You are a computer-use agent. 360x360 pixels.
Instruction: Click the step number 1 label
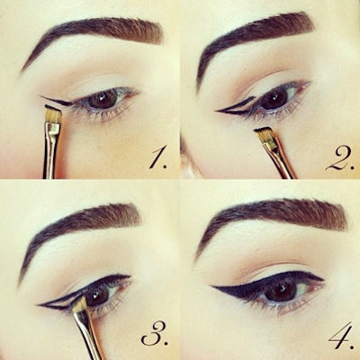158,159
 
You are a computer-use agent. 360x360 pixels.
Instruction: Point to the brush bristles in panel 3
78,303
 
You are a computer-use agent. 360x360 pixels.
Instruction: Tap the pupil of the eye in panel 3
97,297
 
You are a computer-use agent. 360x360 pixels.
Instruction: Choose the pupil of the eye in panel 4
281,291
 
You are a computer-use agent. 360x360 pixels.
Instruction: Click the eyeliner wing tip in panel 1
41,96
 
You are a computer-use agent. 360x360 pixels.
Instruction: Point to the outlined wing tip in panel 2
217,112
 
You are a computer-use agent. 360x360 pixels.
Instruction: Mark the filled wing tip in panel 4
213,287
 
